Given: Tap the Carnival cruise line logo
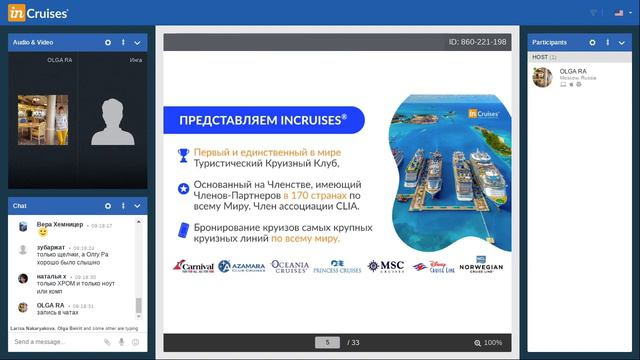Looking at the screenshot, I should point(193,266).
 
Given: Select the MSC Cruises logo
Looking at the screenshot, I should point(386,266).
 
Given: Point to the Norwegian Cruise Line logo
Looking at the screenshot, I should point(481,266).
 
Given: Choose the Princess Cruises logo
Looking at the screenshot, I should point(337,267).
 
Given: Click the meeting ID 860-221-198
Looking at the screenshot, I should point(478,42).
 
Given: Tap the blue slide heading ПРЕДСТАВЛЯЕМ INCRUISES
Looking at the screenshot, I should point(263,120).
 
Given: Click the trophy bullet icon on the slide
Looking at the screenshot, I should point(183,154).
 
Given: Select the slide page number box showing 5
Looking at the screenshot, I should point(327,342).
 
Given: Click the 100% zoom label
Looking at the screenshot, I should point(493,342).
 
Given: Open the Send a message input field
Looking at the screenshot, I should point(55,342).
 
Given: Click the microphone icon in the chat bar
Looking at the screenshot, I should point(122,342).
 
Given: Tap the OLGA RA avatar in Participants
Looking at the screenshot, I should point(543,76).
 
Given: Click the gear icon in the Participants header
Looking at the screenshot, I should point(593,42).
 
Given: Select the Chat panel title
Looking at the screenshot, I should point(19,205).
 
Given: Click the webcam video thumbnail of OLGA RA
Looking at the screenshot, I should point(43,120).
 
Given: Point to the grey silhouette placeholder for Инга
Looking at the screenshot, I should point(112,122).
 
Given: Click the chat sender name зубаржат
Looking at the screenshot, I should point(51,246).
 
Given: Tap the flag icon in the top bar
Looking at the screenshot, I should point(619,12).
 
